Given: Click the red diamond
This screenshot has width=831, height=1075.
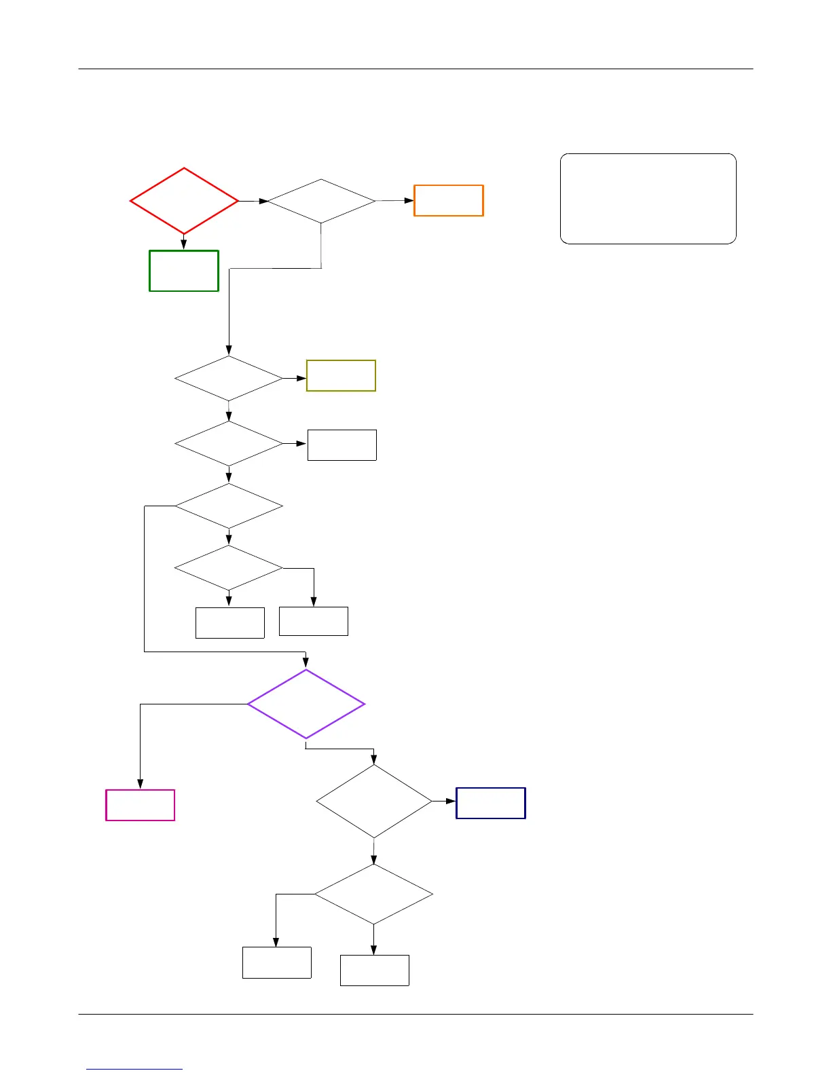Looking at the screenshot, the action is pos(184,201).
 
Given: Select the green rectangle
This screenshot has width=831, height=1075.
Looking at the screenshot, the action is pos(184,271).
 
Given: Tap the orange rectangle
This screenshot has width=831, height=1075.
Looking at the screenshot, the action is pos(449,200).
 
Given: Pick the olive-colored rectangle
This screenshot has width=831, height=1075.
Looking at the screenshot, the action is pos(341,375).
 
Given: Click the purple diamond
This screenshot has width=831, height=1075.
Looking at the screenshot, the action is pos(306,704).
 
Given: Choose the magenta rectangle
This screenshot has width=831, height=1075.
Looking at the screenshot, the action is pos(141,805).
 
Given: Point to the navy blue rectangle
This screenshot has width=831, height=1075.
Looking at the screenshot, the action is pos(491,803).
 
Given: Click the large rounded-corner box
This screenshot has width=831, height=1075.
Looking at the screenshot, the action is pos(648,198).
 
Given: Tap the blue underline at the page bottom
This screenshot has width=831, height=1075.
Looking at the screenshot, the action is pos(134,1069).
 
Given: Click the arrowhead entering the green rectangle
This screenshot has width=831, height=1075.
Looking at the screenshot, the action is pos(184,245).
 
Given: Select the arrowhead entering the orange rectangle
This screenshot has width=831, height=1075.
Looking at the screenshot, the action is pos(409,200).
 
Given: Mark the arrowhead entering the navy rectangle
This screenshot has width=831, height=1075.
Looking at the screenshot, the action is pos(451,801).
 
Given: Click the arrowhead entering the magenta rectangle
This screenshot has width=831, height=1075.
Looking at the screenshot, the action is pos(140,785).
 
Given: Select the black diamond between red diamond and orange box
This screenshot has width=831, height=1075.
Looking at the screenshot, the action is pos(321,201).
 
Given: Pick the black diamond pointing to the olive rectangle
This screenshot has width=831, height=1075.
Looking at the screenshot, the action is pos(229,378).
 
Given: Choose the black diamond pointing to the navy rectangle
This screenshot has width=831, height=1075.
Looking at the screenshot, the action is pos(374,801).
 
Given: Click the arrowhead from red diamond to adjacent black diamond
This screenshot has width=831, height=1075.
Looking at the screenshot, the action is pos(263,201).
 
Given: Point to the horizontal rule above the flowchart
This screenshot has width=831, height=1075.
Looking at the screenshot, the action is pos(415,69).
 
